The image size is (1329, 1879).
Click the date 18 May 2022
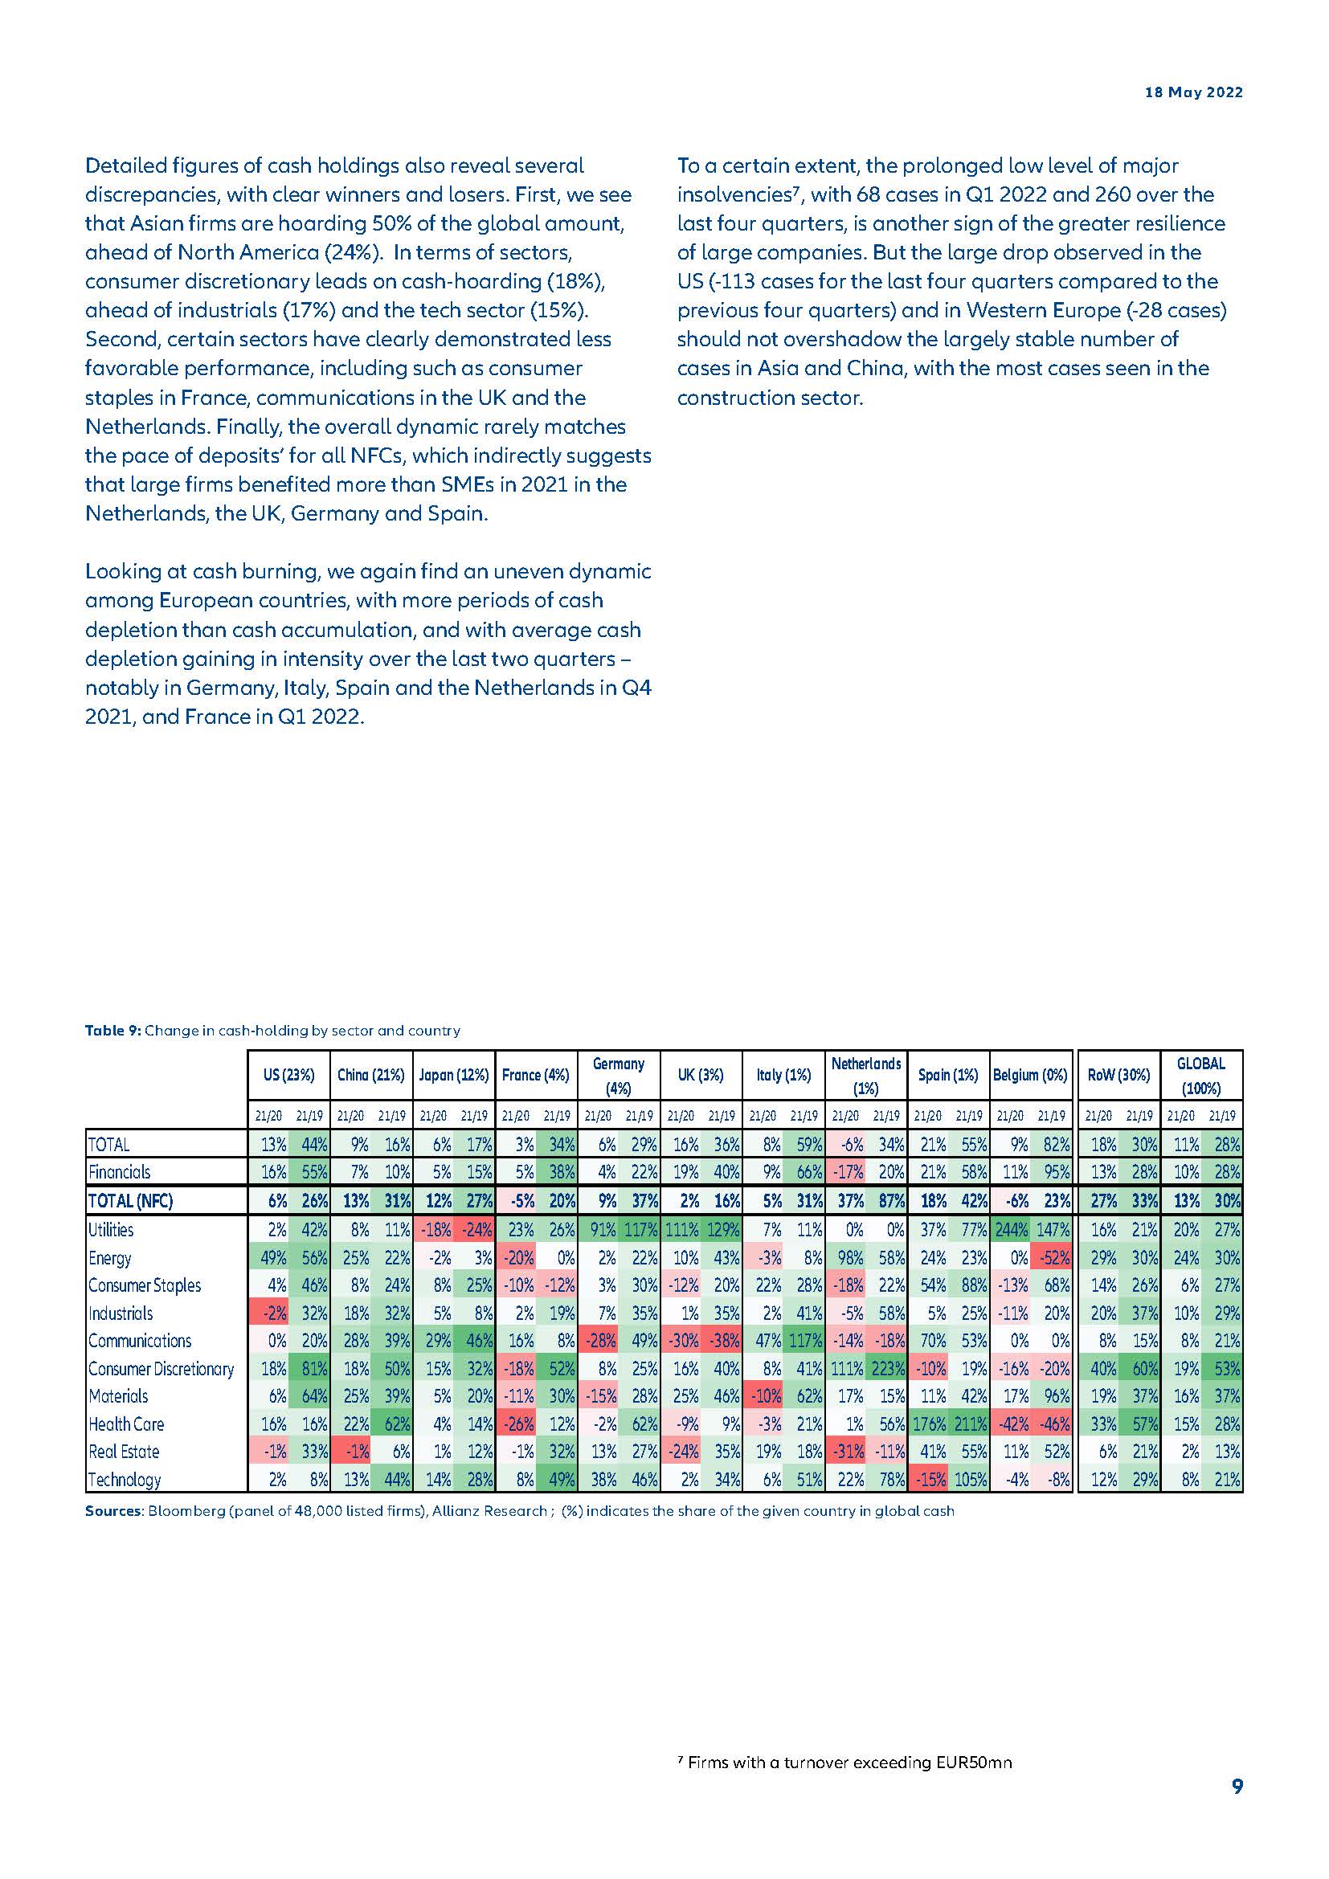tap(1193, 92)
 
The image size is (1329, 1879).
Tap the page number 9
tap(1237, 1786)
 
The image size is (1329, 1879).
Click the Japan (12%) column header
tap(453, 1075)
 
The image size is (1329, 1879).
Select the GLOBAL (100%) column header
tap(1200, 1076)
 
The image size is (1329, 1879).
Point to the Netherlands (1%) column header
tap(866, 1076)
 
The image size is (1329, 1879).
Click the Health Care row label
tap(126, 1424)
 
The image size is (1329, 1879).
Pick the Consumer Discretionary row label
tap(161, 1368)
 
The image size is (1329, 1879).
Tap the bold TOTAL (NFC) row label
tap(130, 1201)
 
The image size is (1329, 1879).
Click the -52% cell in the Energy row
tap(1053, 1258)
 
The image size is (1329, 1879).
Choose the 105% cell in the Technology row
tap(970, 1480)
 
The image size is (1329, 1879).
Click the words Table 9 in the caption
tap(113, 1031)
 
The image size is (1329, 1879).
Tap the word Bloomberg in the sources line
tap(177, 1511)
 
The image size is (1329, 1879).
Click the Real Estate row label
tap(124, 1452)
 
